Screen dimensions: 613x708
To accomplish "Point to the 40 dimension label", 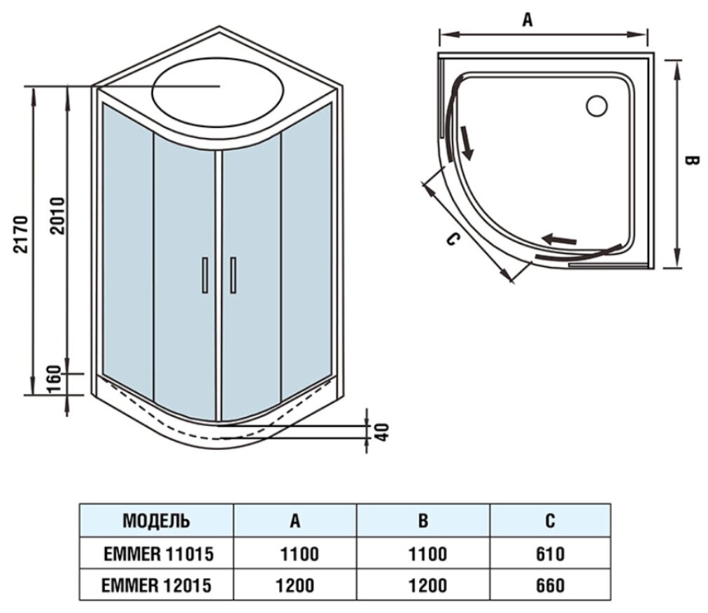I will coord(381,432).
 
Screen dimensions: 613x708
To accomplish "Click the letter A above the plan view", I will coord(528,20).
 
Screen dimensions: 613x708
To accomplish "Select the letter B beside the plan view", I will coord(691,161).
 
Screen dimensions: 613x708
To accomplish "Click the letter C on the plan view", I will coord(453,240).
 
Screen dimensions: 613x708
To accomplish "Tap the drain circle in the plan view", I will coord(597,106).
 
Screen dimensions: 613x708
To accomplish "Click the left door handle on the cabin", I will coord(204,274).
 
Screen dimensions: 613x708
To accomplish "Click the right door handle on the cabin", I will coord(232,274).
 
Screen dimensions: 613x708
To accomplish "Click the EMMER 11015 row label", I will coord(157,554).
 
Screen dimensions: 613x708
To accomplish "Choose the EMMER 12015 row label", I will coord(157,585).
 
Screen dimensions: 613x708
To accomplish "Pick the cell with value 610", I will coord(550,554).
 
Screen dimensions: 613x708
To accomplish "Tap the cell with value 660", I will coord(550,585).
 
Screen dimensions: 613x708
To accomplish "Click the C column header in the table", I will coord(550,521).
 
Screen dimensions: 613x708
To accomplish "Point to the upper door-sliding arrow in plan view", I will coord(466,143).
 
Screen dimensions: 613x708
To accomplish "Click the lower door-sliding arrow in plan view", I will coord(561,239).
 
